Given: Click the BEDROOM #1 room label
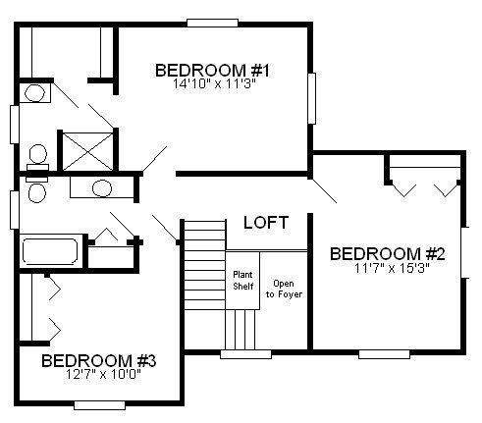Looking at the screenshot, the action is [x=212, y=71].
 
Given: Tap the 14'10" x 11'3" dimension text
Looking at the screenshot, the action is [x=214, y=84].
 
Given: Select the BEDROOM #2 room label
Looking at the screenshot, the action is [x=388, y=254].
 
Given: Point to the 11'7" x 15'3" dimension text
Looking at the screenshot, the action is [x=392, y=268].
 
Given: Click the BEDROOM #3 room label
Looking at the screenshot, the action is [x=99, y=360].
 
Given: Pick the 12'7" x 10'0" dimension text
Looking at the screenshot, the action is [x=103, y=374].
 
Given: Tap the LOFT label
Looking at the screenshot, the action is [x=266, y=223].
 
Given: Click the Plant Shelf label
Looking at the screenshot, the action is [x=243, y=280].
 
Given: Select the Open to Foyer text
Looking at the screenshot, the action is [x=284, y=289].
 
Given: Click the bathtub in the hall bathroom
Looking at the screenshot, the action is [x=50, y=251].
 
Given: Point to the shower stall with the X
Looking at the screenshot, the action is [x=87, y=151].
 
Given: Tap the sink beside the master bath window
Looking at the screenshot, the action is [x=34, y=93].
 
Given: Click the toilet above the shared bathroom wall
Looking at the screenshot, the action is [x=38, y=157].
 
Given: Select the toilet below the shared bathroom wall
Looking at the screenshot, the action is [x=37, y=189].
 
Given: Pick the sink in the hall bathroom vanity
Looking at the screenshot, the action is [x=102, y=188].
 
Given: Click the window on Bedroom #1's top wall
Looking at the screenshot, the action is [x=212, y=23].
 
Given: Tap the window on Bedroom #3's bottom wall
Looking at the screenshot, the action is [x=99, y=405].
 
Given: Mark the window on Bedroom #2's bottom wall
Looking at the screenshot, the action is [x=384, y=354].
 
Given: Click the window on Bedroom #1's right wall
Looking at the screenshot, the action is [x=312, y=98].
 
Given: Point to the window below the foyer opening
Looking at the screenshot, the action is [x=245, y=354].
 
